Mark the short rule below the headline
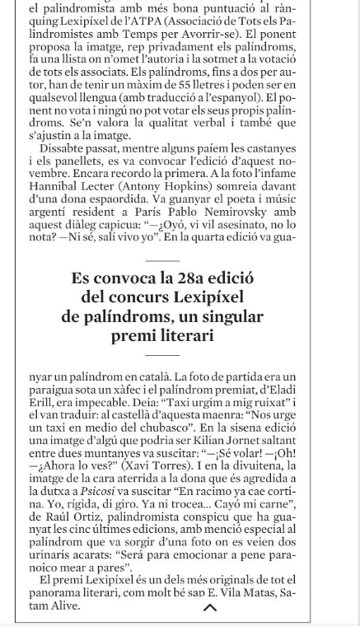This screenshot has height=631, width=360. coord(161,355)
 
